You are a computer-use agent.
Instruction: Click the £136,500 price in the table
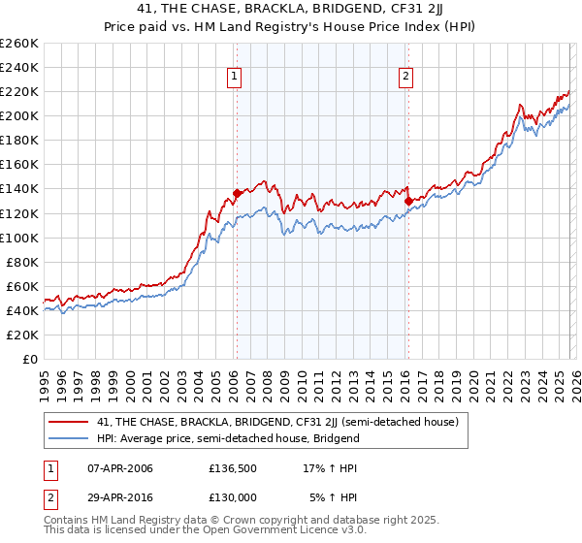click(231, 468)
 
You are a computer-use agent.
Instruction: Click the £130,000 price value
click(231, 496)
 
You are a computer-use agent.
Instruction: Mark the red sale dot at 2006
click(237, 193)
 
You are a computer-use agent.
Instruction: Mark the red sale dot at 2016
click(408, 201)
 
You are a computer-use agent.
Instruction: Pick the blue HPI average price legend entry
click(228, 438)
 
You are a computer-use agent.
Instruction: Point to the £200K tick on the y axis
click(18, 115)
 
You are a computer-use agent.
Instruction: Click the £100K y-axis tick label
click(18, 238)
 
